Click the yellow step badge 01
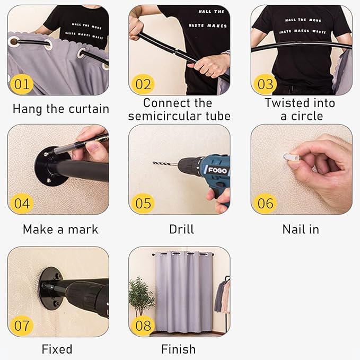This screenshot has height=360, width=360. (x=22, y=84)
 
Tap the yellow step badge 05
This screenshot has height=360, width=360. (x=143, y=204)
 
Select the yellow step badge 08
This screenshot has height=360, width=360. (x=143, y=326)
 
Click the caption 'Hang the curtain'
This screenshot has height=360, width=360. (x=61, y=109)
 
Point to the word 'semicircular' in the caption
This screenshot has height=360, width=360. (x=165, y=116)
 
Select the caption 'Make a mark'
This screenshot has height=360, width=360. (x=60, y=229)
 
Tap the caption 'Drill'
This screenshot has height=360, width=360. (x=181, y=229)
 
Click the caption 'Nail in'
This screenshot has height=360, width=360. (x=301, y=229)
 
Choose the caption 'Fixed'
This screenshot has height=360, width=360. (x=57, y=349)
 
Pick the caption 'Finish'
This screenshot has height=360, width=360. (x=178, y=349)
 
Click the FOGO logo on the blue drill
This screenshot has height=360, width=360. (x=217, y=170)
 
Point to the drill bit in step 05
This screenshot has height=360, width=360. (x=165, y=163)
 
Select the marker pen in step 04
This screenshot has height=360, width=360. (x=81, y=145)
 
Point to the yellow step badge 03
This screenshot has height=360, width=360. (x=265, y=84)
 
